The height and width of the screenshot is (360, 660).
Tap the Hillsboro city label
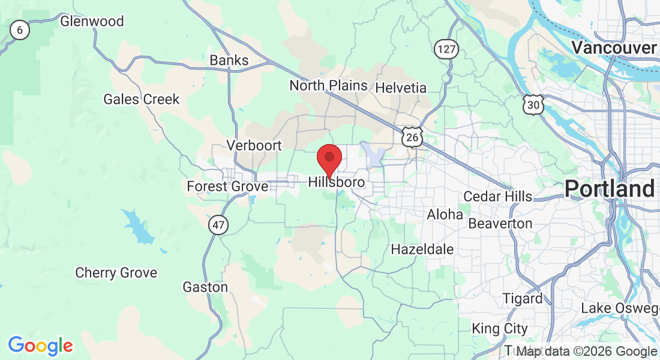point(337,182)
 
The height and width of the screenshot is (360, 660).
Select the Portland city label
point(609,189)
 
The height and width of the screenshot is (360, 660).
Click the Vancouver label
point(614,47)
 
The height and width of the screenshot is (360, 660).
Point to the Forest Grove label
point(227,187)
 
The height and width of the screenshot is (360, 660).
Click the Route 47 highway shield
point(218,226)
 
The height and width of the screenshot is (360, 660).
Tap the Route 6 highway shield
point(20,29)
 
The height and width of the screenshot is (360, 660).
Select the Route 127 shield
point(446,49)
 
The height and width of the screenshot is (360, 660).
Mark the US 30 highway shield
point(533,105)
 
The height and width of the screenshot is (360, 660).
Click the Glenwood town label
point(92,22)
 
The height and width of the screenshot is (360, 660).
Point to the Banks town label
point(229,61)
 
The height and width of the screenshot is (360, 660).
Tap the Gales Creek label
point(142,100)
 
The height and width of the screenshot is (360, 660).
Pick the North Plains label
point(328,86)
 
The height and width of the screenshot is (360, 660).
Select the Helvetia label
point(401,88)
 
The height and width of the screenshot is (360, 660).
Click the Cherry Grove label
point(116,273)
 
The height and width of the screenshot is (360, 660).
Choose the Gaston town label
point(206,287)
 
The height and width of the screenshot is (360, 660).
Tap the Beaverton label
point(500,224)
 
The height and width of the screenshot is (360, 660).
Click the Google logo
point(40,346)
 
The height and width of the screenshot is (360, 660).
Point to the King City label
point(500,329)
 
